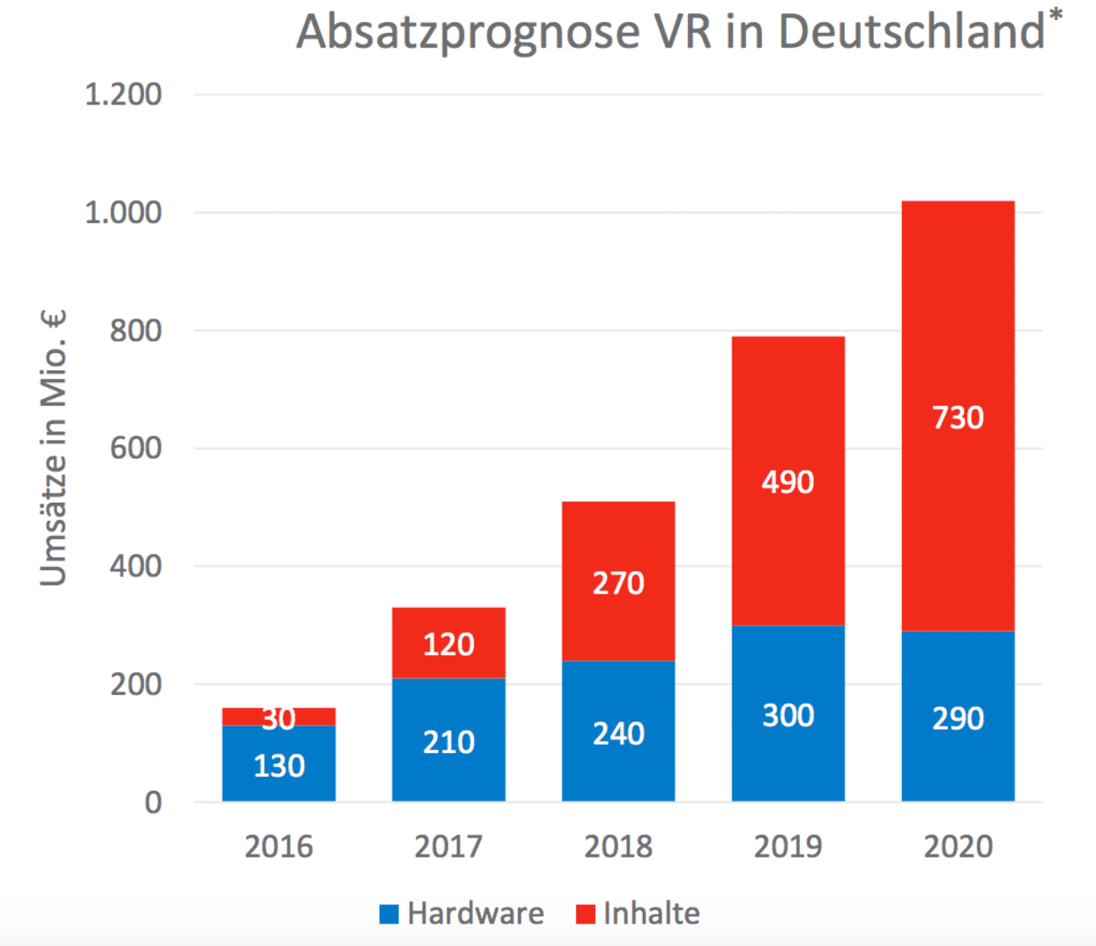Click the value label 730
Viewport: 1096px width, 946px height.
958,417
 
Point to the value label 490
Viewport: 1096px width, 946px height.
788,482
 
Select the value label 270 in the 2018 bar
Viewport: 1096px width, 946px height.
618,583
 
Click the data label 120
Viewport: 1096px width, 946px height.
448,644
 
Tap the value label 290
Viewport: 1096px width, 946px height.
958,718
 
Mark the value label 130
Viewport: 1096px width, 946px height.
278,766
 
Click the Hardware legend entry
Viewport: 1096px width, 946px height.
462,914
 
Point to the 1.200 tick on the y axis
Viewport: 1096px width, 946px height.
123,95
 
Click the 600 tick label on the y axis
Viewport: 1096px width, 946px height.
135,448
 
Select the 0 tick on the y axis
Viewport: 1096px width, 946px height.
153,803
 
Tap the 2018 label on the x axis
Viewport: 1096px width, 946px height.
618,847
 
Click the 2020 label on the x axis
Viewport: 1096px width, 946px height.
958,847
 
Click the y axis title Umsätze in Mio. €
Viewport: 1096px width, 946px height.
53,448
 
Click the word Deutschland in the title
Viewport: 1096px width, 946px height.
911,32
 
